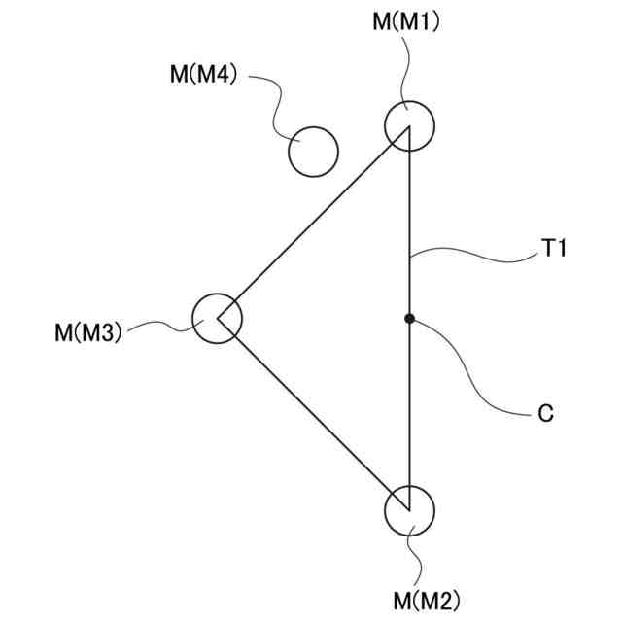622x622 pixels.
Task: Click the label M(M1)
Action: click(x=407, y=21)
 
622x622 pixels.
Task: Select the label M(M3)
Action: click(x=87, y=333)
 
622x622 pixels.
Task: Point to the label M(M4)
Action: click(x=203, y=75)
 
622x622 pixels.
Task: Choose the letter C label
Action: click(x=545, y=413)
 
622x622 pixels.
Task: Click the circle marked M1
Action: click(x=409, y=125)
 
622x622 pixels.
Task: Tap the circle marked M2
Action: click(x=409, y=510)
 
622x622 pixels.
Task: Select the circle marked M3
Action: click(x=217, y=318)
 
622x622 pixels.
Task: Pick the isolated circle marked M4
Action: click(x=313, y=152)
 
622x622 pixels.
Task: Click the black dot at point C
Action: click(x=409, y=318)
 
